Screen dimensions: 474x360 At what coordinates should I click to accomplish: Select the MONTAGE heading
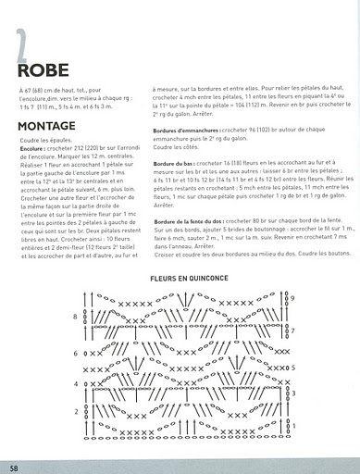(x=45, y=125)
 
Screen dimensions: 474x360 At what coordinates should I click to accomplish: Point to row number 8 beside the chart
(x=76, y=317)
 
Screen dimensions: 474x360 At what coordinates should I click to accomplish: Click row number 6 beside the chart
(x=76, y=353)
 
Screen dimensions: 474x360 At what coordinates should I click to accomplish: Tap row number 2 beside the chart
(x=76, y=411)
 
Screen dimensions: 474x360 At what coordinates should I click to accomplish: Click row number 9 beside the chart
(x=292, y=296)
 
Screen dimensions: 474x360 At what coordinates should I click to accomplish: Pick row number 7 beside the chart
(x=292, y=331)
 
